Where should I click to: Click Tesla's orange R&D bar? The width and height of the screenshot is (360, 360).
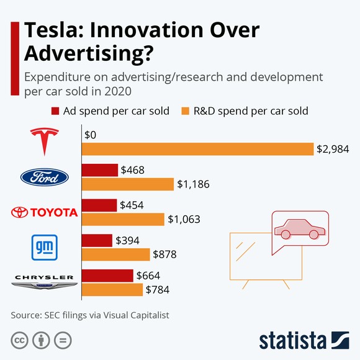point(197,149)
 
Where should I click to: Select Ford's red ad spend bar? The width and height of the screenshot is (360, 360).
point(100,170)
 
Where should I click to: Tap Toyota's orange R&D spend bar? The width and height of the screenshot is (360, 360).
point(123,219)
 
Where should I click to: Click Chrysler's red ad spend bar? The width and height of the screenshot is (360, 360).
point(107,275)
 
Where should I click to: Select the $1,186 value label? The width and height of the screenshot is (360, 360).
point(194,184)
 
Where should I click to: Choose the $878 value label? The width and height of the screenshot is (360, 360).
point(167,254)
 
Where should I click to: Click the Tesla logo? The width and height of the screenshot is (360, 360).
point(44,141)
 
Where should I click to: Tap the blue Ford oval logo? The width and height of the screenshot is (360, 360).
point(44,178)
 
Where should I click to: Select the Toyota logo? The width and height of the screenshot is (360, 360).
point(44,212)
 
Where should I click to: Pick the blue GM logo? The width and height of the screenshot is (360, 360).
point(44,247)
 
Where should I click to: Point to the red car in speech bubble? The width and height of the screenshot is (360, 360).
point(300,228)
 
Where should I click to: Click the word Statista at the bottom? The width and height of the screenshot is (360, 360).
point(292,340)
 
